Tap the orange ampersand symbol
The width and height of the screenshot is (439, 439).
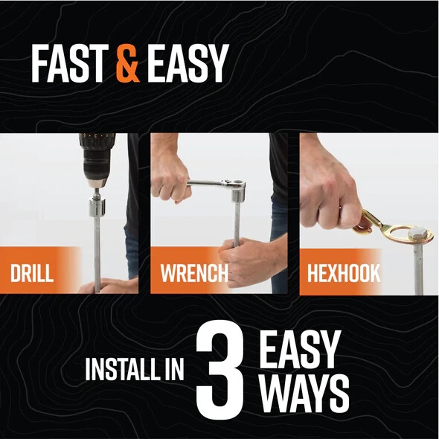128,65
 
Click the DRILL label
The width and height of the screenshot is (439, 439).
32,272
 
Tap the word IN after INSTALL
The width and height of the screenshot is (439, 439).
173,371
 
